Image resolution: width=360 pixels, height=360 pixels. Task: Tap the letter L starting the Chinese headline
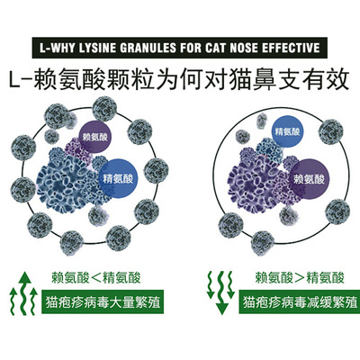pos(15,80)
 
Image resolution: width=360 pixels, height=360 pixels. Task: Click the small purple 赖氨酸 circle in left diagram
pos(95,138)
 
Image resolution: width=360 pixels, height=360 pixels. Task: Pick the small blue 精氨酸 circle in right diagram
pos(287,132)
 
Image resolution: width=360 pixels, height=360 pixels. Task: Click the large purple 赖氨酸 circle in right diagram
pos(309,179)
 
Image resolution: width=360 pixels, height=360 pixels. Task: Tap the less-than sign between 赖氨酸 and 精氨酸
pos(96,278)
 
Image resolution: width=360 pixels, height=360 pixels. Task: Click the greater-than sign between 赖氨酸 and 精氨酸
pos(300,278)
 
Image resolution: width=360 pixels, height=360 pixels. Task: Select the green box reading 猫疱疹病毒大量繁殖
pos(103,301)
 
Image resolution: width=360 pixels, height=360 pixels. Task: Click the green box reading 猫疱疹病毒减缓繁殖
pos(300,301)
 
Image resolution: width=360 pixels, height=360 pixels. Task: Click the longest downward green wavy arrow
pos(221,292)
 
